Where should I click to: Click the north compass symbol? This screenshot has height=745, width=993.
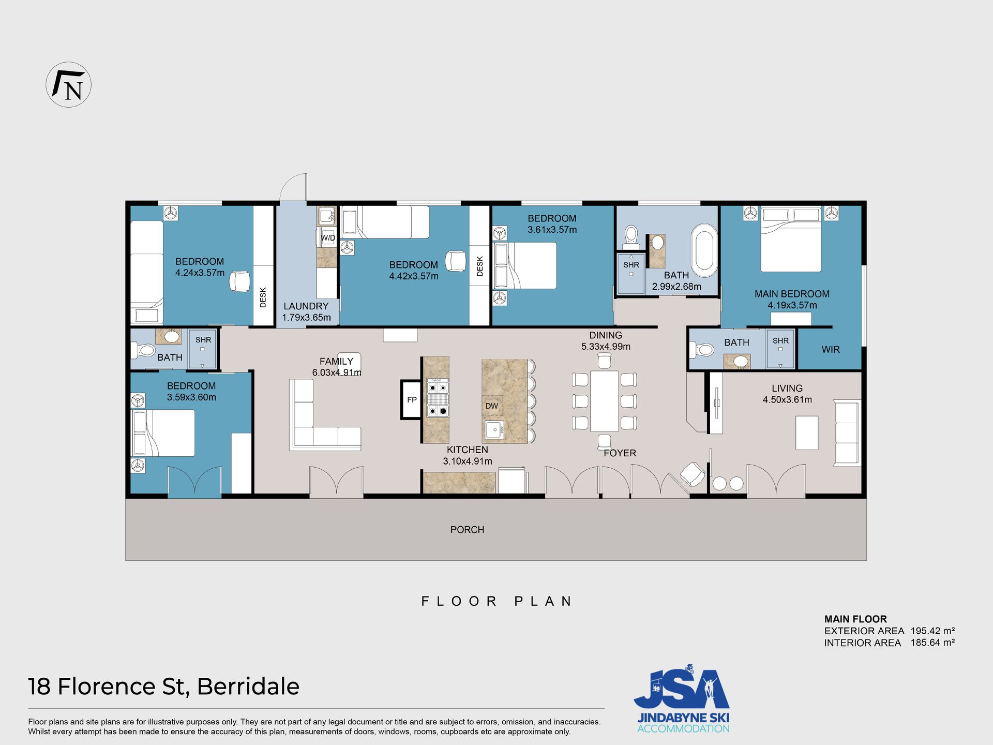tap(69, 85)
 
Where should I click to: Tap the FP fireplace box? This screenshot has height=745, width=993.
tap(412, 399)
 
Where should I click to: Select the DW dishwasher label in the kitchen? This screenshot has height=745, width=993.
tap(491, 406)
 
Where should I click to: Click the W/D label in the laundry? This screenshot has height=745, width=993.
tap(328, 238)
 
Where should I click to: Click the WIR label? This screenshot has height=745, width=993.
tap(831, 350)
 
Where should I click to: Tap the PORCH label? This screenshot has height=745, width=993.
tap(467, 530)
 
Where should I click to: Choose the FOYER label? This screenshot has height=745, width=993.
tap(620, 453)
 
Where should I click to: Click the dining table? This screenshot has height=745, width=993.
tap(604, 401)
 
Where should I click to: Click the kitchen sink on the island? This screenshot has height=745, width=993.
tap(494, 429)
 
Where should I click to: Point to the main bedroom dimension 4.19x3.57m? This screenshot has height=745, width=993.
tap(792, 305)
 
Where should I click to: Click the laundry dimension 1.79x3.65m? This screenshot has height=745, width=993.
tap(306, 318)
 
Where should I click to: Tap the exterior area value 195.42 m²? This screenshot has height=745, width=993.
tap(932, 631)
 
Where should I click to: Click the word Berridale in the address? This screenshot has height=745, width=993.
tap(248, 687)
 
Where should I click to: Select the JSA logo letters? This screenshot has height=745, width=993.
tap(682, 689)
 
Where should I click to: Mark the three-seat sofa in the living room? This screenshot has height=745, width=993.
tap(847, 433)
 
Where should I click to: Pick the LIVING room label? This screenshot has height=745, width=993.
tap(787, 389)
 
